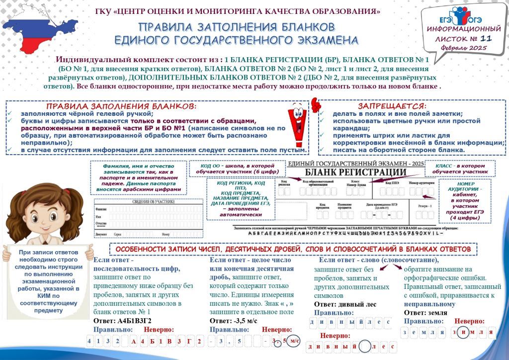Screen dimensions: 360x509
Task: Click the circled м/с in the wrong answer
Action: click(x=294, y=341)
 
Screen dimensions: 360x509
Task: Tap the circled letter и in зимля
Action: click(x=463, y=332)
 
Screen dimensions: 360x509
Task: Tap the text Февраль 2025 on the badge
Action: click(x=463, y=48)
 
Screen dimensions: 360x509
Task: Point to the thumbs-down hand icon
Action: click(x=315, y=104)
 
